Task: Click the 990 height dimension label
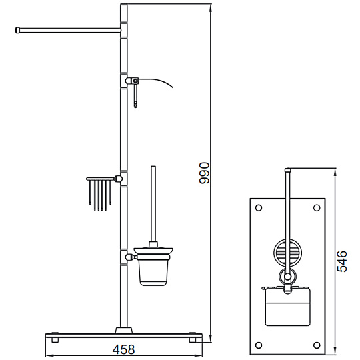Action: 204,173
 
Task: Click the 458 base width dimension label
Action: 123,349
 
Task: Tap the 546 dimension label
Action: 342,261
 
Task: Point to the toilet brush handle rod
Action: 153,204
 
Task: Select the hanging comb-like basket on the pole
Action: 100,193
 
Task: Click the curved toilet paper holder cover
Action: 156,82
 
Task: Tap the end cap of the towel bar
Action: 17,30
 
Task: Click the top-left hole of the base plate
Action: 259,208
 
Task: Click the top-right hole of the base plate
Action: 317,208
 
